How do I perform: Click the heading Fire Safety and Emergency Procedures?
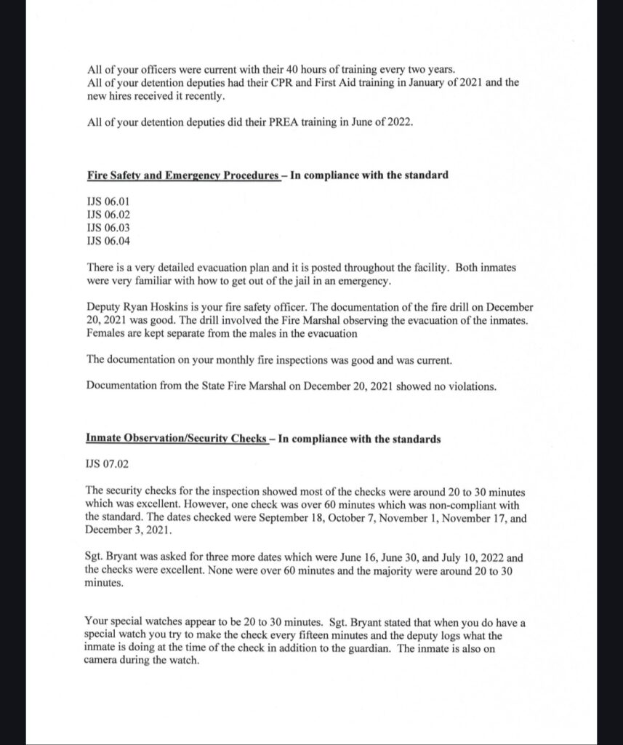[182, 175]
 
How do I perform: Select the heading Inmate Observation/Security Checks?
[175, 439]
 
